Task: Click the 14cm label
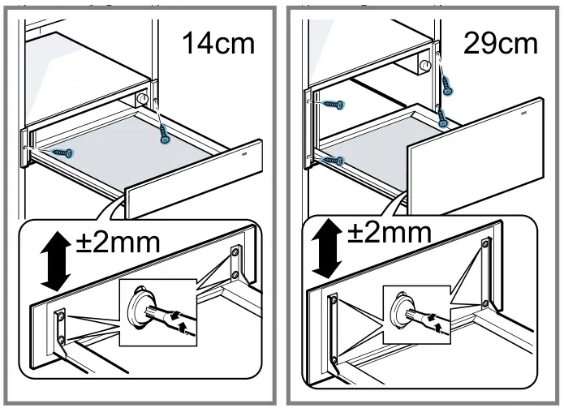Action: (217, 43)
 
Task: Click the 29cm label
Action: (500, 43)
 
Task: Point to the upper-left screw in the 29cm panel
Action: (331, 104)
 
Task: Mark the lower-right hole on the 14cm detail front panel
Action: (235, 276)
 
